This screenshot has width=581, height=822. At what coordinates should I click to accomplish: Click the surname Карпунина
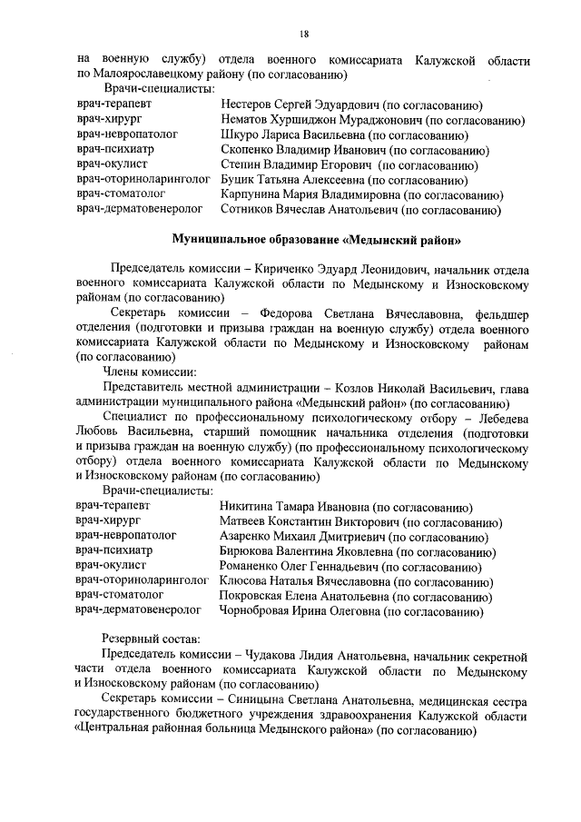point(254,193)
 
